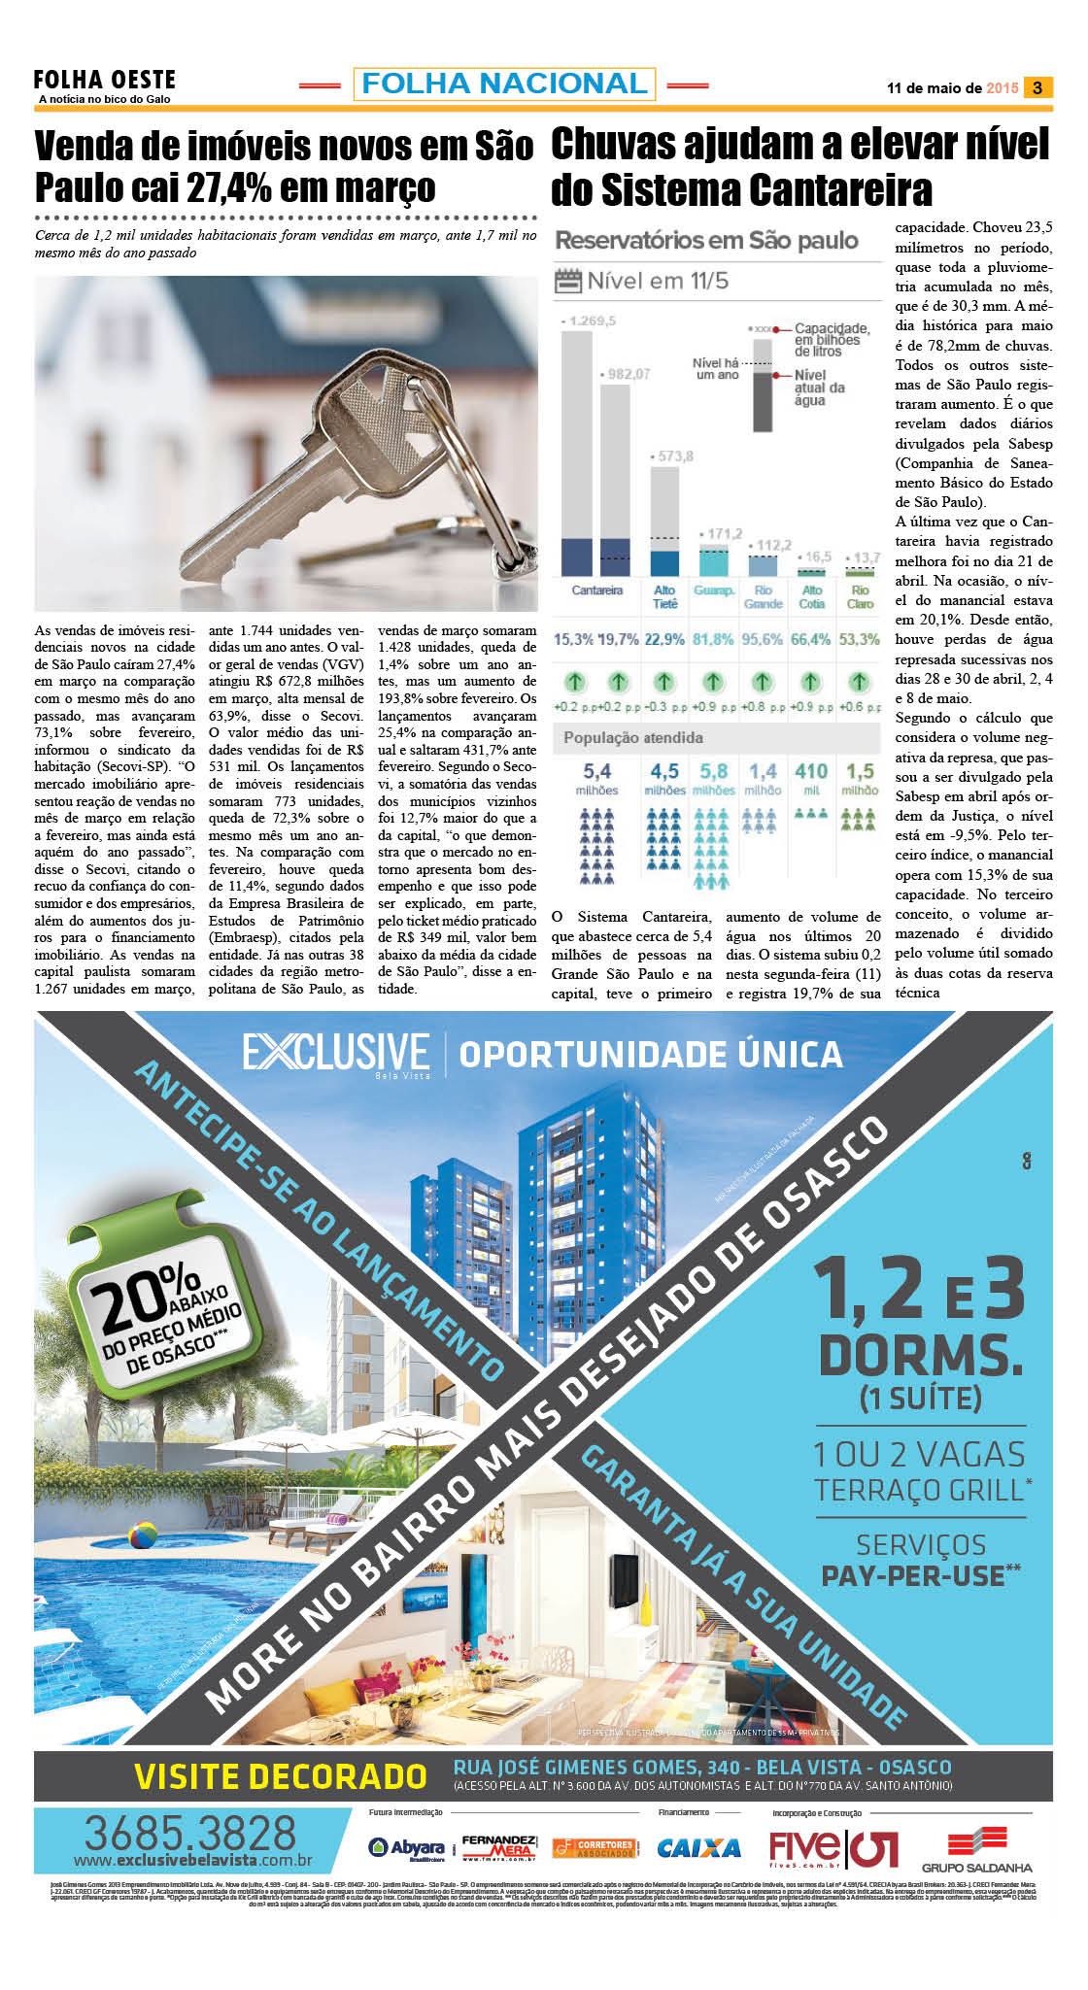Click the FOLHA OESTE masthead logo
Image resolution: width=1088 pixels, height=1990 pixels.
[x=105, y=81]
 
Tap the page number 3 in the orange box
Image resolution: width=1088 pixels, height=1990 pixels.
[x=1037, y=87]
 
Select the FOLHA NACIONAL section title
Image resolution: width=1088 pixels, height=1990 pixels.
[x=504, y=84]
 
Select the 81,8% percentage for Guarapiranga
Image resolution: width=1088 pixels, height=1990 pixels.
[x=713, y=639]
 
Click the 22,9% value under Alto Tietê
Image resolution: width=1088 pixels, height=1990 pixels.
[x=664, y=639]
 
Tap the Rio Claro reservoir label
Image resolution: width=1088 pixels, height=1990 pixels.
[x=860, y=596]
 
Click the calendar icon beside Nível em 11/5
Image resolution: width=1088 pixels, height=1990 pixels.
[x=566, y=282]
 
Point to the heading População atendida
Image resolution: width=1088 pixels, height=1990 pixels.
[x=633, y=737]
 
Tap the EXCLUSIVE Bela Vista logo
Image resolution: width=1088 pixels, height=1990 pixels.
[x=336, y=1054]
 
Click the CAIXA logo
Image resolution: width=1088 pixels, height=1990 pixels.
[x=698, y=1847]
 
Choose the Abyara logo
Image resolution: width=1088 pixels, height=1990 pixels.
[x=407, y=1847]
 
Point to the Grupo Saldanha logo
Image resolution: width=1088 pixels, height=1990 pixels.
[x=976, y=1848]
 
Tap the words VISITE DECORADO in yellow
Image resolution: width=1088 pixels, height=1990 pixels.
[x=280, y=1775]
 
